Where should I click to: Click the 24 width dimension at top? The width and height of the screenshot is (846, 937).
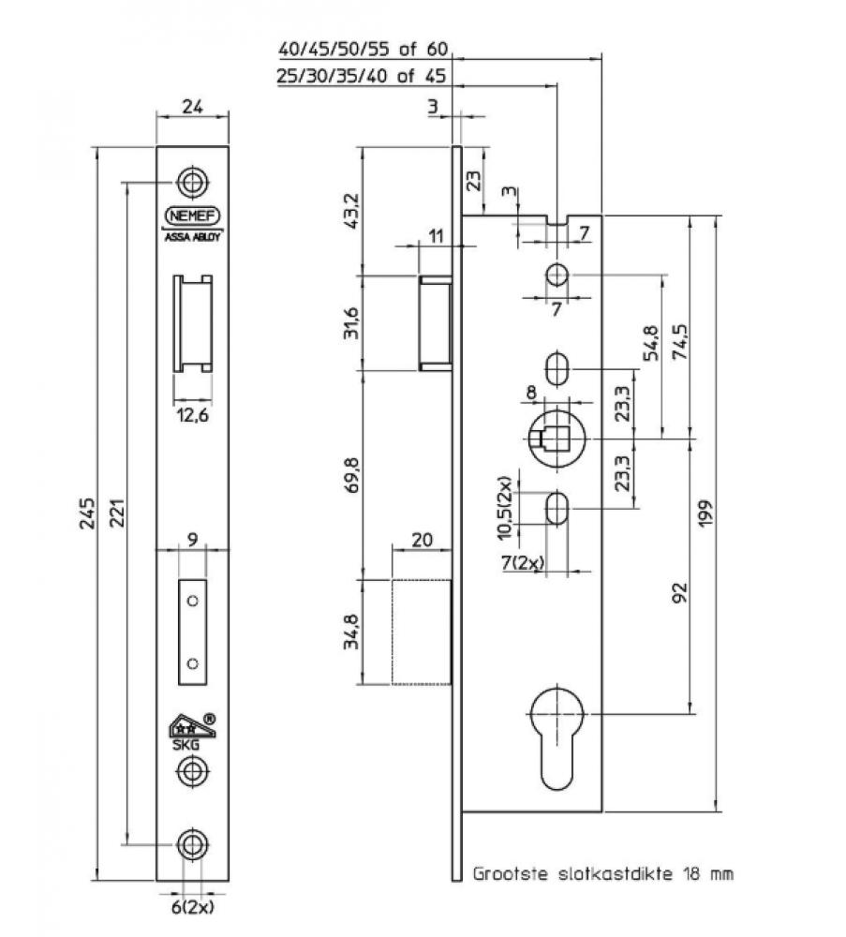coord(192,107)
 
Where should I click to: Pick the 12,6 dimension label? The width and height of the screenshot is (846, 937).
coord(192,416)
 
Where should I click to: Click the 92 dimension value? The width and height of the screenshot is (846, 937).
coord(680,592)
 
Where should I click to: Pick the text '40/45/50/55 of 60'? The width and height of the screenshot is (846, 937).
coord(365,50)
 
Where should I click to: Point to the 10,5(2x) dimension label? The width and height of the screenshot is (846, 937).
coord(506,509)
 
